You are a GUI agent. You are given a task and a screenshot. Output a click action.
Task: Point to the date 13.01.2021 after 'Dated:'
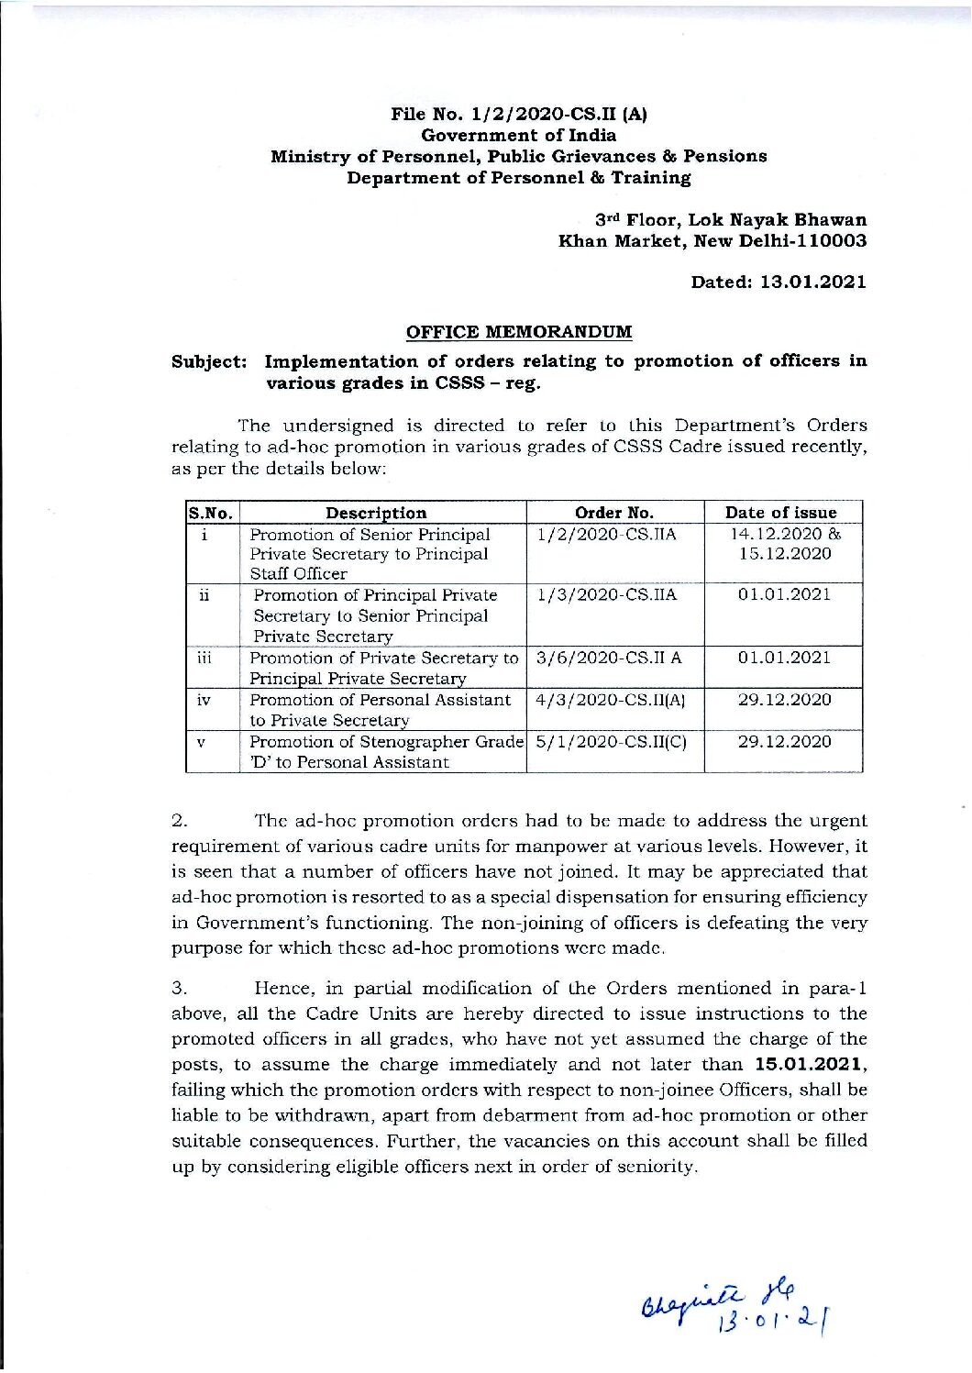click(812, 282)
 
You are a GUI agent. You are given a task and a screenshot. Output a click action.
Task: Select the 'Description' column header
click(376, 513)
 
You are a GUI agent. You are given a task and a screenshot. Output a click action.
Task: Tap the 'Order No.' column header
click(613, 513)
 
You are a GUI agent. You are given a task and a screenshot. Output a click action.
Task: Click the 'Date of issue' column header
click(780, 513)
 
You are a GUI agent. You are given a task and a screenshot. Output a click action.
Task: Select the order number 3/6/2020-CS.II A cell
click(608, 658)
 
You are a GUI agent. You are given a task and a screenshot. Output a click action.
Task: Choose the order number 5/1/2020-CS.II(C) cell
click(610, 741)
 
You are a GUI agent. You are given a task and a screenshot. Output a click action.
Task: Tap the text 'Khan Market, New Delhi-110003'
click(712, 241)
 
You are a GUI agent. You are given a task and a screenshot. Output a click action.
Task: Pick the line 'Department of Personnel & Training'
click(519, 178)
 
